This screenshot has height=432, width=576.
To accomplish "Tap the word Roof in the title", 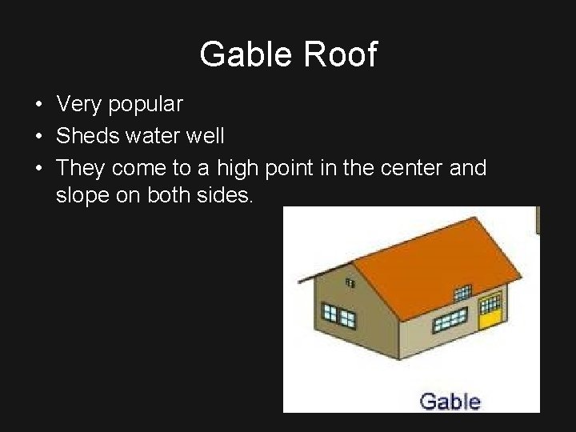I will [x=342, y=54].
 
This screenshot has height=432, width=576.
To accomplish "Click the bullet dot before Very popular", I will [x=38, y=105].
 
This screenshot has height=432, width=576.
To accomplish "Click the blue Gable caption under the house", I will [x=450, y=400].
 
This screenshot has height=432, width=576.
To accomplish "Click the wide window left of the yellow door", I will [x=450, y=321].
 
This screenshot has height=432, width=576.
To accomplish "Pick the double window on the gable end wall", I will [x=338, y=315].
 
